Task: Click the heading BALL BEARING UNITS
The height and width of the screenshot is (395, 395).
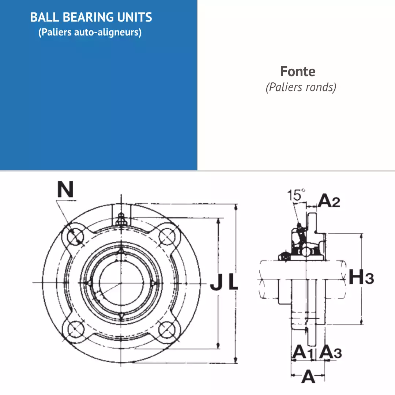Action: click(91, 17)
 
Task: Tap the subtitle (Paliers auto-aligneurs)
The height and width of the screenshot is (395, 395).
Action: click(90, 32)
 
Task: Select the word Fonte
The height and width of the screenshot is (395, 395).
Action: click(298, 71)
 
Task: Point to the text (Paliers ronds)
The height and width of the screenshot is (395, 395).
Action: click(301, 87)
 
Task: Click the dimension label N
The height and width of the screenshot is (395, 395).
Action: click(65, 189)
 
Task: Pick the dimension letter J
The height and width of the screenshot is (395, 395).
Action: click(216, 282)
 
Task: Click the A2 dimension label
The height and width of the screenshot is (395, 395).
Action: click(329, 201)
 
